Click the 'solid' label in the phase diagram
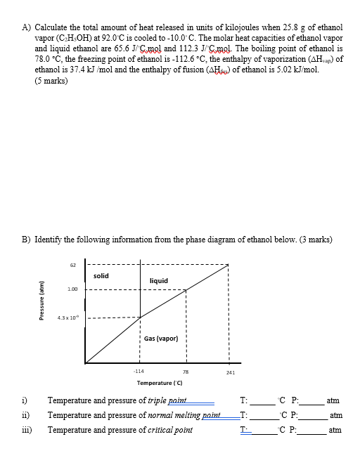[x=101, y=275]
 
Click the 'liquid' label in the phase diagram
[x=159, y=281]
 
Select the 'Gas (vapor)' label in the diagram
[x=161, y=338]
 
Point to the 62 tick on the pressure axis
[x=73, y=265]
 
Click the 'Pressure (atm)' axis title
[x=42, y=316]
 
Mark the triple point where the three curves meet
[x=140, y=317]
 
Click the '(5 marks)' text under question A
[x=51, y=81]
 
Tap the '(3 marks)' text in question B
[x=314, y=239]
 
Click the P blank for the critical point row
[x=312, y=429]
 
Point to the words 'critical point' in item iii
[x=169, y=429]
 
